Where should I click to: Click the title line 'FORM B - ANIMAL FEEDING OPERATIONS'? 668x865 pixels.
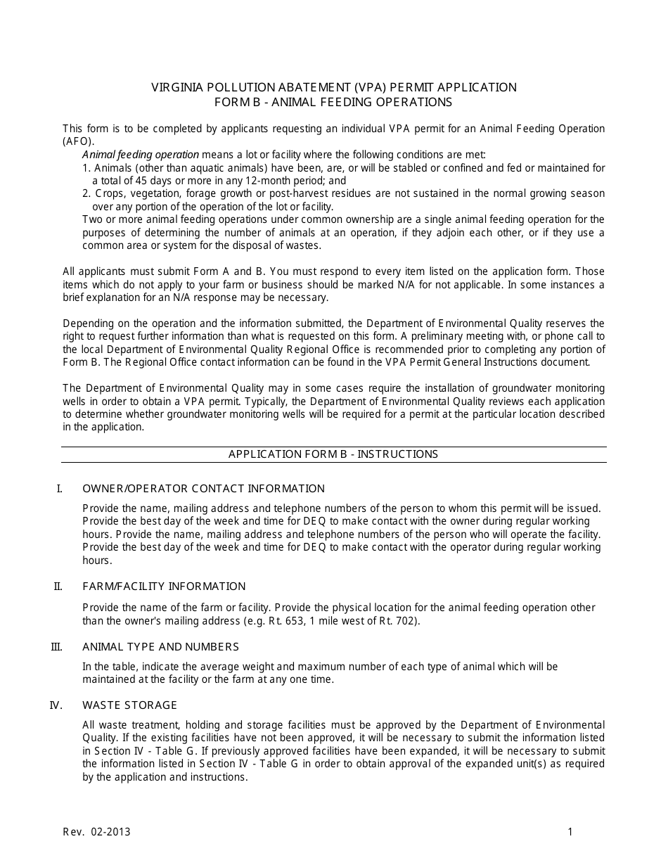[333, 102]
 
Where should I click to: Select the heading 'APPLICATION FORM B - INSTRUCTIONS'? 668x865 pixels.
[333, 454]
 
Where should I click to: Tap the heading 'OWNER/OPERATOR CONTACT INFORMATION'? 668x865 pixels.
[203, 489]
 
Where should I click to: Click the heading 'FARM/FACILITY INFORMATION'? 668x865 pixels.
[164, 587]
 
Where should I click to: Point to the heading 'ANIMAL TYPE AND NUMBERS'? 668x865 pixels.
[160, 647]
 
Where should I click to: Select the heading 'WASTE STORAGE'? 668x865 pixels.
[129, 705]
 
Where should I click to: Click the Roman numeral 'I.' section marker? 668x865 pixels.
[60, 489]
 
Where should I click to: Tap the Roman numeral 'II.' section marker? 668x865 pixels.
[58, 587]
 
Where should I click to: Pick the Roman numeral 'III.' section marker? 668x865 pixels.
[57, 647]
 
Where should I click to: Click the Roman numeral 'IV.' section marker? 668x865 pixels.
[57, 705]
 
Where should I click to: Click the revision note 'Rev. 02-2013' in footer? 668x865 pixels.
[96, 833]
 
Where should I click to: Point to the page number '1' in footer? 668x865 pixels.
[570, 833]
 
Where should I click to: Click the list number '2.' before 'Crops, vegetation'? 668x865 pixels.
[86, 193]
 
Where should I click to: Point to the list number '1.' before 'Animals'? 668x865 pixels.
[86, 168]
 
